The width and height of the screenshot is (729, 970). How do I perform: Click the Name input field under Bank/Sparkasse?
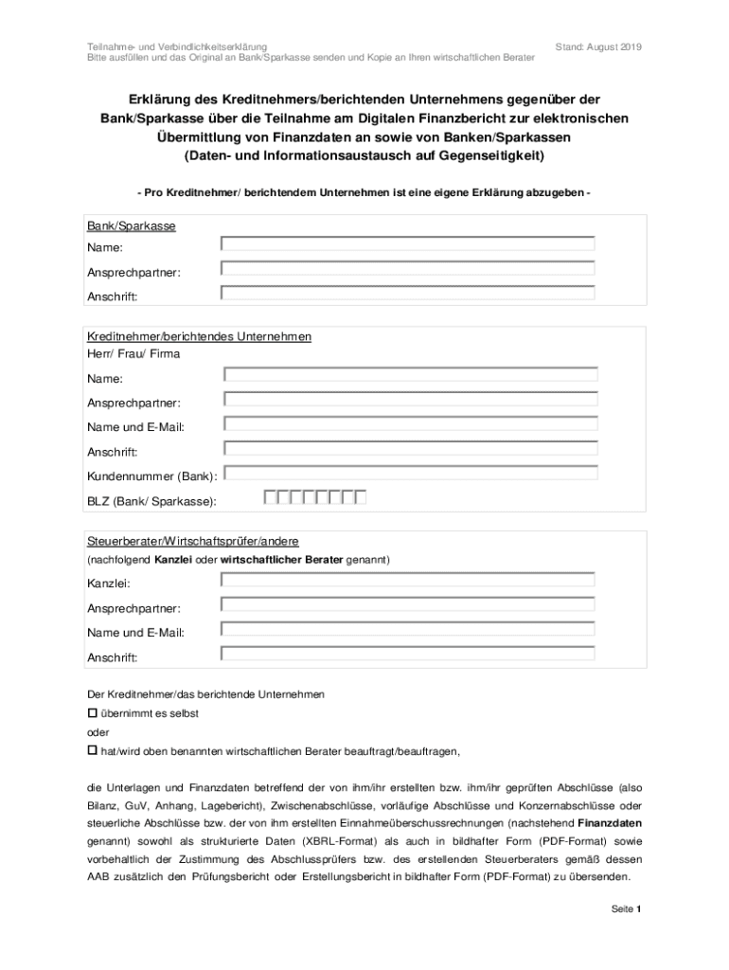coord(407,244)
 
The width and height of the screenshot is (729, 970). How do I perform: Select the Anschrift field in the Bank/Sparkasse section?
coord(407,294)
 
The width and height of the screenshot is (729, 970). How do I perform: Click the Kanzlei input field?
coord(407,580)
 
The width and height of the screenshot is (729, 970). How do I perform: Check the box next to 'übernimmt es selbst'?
coord(93,711)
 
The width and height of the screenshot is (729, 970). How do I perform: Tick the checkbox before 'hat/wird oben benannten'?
coord(93,750)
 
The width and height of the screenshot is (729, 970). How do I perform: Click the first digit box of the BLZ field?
coord(271,497)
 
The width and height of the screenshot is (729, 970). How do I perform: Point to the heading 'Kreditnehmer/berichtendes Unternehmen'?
coord(200,337)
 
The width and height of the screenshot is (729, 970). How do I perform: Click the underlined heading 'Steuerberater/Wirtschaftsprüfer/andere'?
coord(193,541)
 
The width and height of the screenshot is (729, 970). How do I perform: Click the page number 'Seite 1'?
coord(627,909)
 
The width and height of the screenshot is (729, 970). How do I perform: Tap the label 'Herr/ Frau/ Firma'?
coord(133,354)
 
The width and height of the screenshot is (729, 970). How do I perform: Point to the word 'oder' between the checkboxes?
coord(98,732)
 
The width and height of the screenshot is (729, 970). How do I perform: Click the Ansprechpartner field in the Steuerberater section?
coord(407,604)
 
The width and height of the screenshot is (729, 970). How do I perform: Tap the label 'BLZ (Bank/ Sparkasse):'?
coord(151,500)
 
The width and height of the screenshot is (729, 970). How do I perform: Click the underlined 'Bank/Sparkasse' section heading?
coord(132,227)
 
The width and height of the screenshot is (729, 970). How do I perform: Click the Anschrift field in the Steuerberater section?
coord(407,654)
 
